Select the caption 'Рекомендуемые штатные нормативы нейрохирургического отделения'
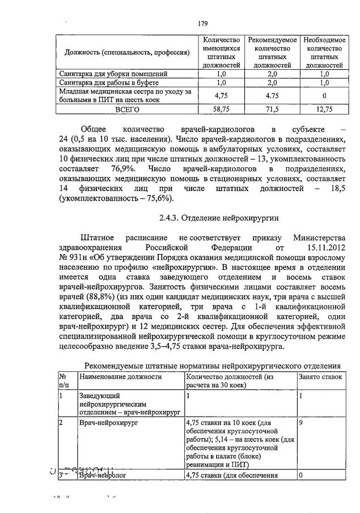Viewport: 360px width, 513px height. [x=213, y=365]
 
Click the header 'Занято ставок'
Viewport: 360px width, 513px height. [x=320, y=376]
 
